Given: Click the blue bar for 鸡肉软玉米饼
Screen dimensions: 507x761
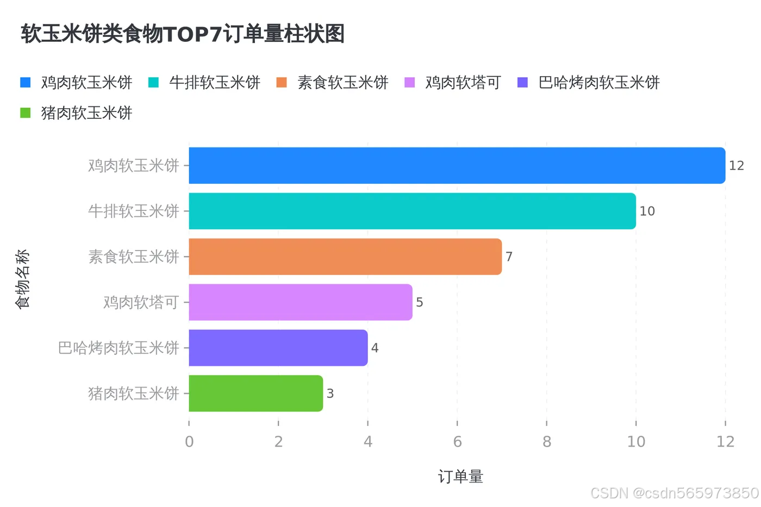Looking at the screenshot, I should tap(457, 165).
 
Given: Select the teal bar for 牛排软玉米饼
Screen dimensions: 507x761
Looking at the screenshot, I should tap(412, 211).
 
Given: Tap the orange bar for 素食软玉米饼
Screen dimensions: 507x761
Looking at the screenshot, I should tap(345, 256).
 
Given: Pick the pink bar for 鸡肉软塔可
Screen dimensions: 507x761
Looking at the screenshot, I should tap(301, 302).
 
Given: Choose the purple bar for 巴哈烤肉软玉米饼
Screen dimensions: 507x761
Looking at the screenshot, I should tap(278, 348).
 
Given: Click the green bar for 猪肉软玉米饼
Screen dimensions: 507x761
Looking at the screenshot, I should tap(255, 393).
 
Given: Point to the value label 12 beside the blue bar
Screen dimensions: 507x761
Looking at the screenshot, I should tap(736, 166).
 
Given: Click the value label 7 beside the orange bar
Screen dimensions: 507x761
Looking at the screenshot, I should tap(509, 257).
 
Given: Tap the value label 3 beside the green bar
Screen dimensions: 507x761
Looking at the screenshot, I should tap(330, 394).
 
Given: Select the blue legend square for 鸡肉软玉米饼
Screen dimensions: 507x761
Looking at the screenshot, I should tap(26, 83).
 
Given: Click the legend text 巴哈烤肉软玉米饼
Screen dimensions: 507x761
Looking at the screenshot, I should tap(598, 83).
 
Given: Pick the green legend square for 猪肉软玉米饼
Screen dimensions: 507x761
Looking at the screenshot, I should tap(26, 113).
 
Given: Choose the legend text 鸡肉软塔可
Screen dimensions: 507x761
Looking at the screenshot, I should tap(463, 83).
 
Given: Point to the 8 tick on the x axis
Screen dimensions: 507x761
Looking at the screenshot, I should tap(547, 441).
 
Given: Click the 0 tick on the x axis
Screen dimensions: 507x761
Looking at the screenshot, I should tap(189, 441).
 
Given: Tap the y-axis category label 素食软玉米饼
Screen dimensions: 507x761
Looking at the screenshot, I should tap(134, 256).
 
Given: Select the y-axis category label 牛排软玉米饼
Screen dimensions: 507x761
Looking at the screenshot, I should tap(134, 211).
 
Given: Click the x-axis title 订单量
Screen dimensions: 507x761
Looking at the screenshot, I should tap(460, 477).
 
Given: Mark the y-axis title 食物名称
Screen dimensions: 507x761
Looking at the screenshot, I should tap(22, 279).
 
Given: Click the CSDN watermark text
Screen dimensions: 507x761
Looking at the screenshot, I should tap(674, 493).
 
